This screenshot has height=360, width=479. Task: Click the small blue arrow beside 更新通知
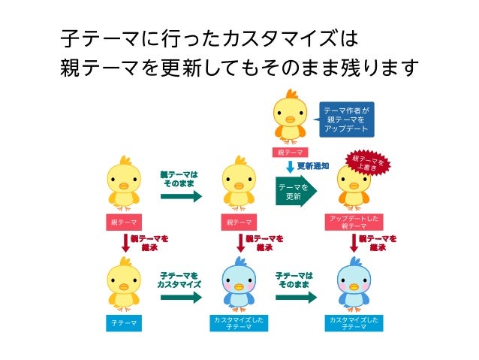click(290, 166)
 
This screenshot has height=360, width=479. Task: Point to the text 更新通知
click(312, 166)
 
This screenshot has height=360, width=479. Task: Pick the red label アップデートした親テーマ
click(354, 222)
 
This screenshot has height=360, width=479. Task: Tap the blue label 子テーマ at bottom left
click(123, 323)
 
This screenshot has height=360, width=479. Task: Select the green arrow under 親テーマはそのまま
click(181, 197)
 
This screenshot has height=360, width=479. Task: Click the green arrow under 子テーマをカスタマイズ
click(181, 297)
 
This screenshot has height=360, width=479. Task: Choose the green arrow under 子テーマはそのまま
click(296, 297)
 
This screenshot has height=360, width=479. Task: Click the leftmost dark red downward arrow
click(125, 243)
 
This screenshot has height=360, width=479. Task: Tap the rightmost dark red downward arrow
click(354, 243)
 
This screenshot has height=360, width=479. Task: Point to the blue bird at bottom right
click(354, 283)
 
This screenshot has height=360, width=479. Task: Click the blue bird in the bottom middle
click(239, 283)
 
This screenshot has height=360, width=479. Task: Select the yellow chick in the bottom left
click(123, 283)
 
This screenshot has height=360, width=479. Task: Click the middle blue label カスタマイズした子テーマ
click(239, 323)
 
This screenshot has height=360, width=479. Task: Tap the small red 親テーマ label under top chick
click(289, 153)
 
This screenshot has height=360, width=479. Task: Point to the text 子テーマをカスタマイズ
click(179, 280)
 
